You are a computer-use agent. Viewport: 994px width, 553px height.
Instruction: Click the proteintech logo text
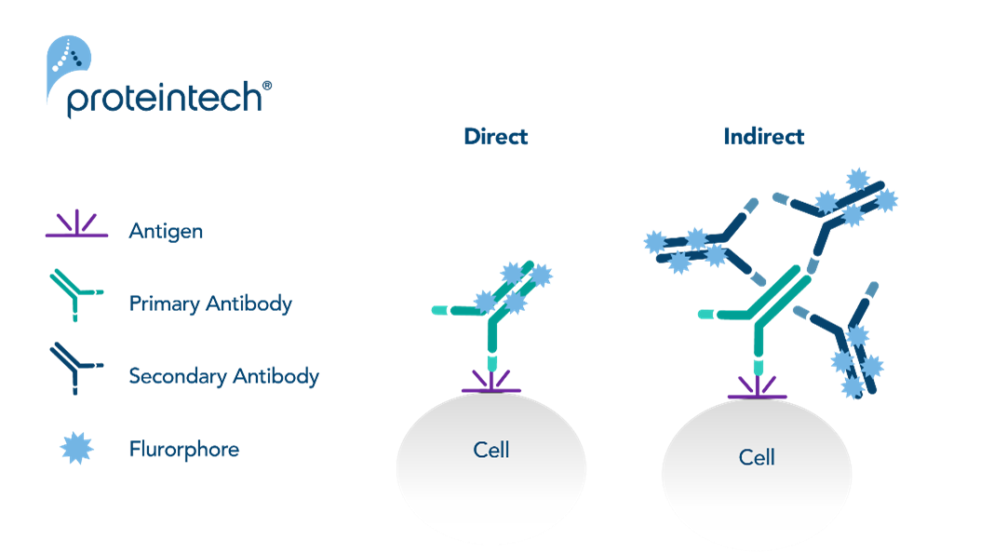point(165,99)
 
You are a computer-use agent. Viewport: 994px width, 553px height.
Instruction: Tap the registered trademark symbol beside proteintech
point(267,86)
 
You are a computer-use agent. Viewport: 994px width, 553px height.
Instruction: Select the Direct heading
point(496,136)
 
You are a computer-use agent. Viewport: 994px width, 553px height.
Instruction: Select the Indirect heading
point(764,136)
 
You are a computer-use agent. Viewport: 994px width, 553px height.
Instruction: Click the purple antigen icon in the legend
point(76,223)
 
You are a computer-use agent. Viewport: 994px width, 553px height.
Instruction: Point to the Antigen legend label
point(166,231)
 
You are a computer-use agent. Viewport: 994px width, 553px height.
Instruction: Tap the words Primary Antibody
point(210,303)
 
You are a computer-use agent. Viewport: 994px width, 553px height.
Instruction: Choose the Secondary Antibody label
point(223,376)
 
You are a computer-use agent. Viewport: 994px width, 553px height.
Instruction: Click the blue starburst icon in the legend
point(76,449)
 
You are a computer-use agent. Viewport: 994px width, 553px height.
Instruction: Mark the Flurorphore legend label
point(184,449)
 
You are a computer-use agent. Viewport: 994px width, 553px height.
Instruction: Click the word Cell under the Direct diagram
point(491,450)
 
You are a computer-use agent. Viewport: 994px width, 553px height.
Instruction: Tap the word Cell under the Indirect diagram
point(757,457)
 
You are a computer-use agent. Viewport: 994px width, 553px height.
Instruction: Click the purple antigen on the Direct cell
point(491,383)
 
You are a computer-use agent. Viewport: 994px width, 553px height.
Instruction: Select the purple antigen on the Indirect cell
point(758,388)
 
